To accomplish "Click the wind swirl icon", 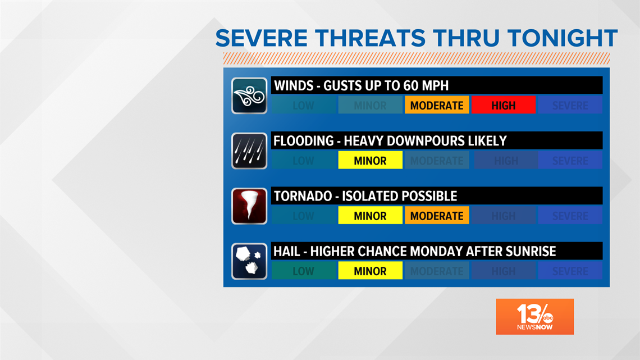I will coord(249,95).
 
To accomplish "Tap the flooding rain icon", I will coord(249,151).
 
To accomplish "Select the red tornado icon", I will coord(249,206).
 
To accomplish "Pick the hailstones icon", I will coord(249,261).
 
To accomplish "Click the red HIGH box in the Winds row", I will coord(503,105).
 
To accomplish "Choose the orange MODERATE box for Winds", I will coord(437,105).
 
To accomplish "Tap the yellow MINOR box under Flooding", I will coord(371,161).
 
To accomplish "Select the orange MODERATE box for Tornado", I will coord(437,216).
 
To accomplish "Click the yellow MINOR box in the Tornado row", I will coord(371,216).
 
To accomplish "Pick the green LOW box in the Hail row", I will coord(304,271).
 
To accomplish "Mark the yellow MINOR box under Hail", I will coord(371,271).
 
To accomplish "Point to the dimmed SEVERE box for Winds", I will coord(570,105).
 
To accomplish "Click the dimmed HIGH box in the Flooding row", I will coord(505,161).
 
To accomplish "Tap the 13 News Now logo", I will coord(534,317).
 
